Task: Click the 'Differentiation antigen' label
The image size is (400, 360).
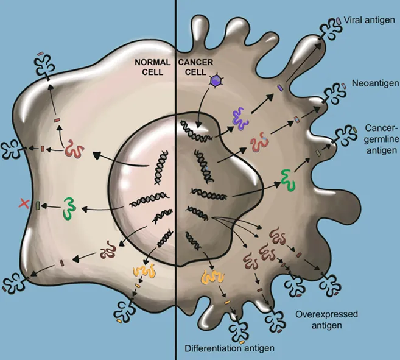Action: pos(228,348)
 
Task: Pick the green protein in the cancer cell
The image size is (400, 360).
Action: pos(286,177)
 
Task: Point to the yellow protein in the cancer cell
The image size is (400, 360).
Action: pos(209,278)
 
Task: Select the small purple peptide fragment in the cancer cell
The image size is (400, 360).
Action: pos(281,88)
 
